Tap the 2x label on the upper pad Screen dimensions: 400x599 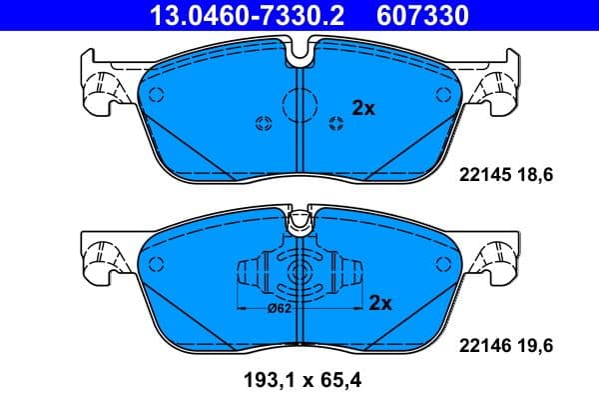(362, 109)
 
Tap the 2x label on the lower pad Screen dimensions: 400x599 (379, 303)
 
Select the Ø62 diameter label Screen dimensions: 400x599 (279, 309)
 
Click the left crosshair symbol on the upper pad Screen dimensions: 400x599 (265, 123)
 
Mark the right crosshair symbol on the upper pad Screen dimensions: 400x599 (334, 123)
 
